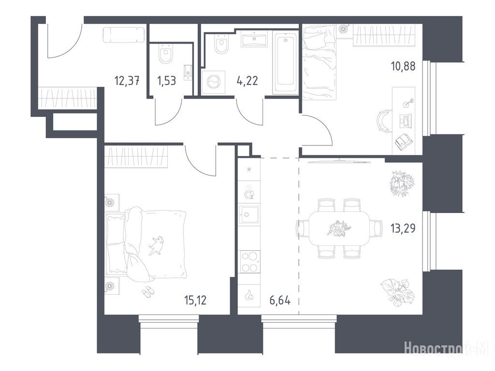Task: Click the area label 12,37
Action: pos(127,81)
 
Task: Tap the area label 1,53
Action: pos(166,81)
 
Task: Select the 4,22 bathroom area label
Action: pos(247,81)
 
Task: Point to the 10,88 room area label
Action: pos(403,66)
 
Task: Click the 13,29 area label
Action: pos(403,228)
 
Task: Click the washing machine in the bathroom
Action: pos(213,82)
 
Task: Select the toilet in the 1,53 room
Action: pos(165,54)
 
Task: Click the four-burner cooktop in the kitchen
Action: pos(249,262)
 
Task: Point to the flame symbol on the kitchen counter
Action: pos(249,295)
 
